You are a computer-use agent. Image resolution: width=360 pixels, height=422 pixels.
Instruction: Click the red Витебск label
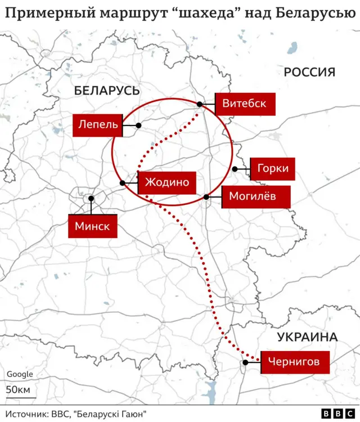click(x=245, y=104)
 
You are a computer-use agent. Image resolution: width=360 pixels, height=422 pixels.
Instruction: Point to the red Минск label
click(x=93, y=226)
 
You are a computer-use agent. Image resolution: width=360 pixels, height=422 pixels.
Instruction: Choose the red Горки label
click(x=272, y=169)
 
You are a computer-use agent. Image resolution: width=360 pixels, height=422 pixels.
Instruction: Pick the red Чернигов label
click(x=294, y=362)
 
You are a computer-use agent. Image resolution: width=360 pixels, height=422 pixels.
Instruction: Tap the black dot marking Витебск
click(x=200, y=104)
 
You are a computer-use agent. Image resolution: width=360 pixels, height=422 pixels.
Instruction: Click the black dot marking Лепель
click(x=138, y=125)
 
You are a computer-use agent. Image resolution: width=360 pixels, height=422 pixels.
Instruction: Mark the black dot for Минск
click(x=91, y=199)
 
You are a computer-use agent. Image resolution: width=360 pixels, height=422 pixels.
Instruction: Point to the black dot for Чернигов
click(x=245, y=363)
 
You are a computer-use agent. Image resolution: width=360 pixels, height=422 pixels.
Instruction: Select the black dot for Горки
click(x=235, y=169)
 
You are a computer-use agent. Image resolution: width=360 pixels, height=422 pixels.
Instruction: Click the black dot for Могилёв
click(x=206, y=197)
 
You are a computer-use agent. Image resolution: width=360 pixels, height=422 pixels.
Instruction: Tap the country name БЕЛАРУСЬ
click(x=106, y=90)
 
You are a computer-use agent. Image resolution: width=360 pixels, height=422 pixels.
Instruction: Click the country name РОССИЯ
click(x=309, y=72)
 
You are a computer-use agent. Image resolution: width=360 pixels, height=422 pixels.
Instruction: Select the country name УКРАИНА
click(x=307, y=337)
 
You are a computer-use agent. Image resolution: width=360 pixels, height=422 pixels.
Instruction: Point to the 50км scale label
click(x=18, y=389)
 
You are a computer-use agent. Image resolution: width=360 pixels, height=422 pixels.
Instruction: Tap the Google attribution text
click(x=20, y=374)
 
